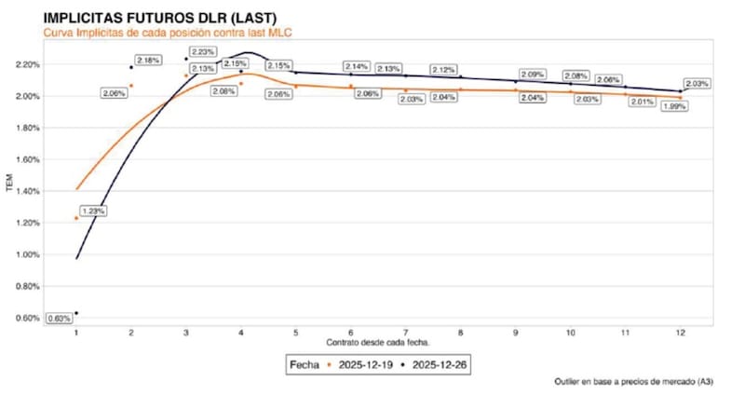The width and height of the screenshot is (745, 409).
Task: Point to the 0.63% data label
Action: pos(59,319)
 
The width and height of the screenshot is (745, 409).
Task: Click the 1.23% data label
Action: pos(93,211)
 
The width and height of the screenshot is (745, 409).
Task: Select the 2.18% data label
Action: pos(148,60)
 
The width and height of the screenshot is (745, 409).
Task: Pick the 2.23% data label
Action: pos(203,52)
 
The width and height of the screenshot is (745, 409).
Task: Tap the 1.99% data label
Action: pos(674,106)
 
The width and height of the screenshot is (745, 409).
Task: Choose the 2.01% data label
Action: pos(641,102)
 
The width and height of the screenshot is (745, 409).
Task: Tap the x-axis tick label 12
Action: pos(681,332)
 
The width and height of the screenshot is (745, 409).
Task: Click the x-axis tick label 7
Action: pos(406,332)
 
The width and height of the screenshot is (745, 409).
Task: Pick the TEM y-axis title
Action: pos(11,190)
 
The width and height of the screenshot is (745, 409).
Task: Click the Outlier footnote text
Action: pos(635,382)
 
